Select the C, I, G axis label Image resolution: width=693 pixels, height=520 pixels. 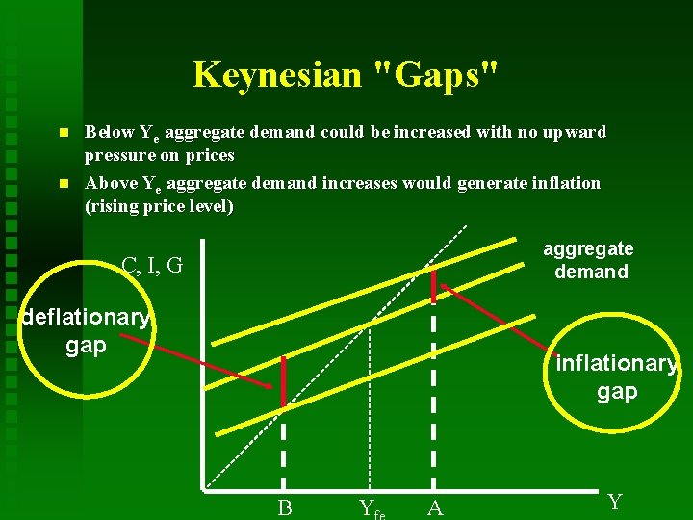click(152, 265)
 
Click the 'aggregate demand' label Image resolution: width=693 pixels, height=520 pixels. click(588, 260)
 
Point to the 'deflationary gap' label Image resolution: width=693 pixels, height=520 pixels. click(86, 330)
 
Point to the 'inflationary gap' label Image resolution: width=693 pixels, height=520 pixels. click(616, 377)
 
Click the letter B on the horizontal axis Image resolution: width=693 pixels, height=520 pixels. click(284, 507)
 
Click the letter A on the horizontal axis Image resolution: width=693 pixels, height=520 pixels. click(434, 507)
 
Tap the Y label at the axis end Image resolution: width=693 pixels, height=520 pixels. click(615, 502)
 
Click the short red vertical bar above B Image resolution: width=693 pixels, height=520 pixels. click(284, 381)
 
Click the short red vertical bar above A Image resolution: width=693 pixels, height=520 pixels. click(434, 282)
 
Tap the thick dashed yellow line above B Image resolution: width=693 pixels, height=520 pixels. click(284, 453)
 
